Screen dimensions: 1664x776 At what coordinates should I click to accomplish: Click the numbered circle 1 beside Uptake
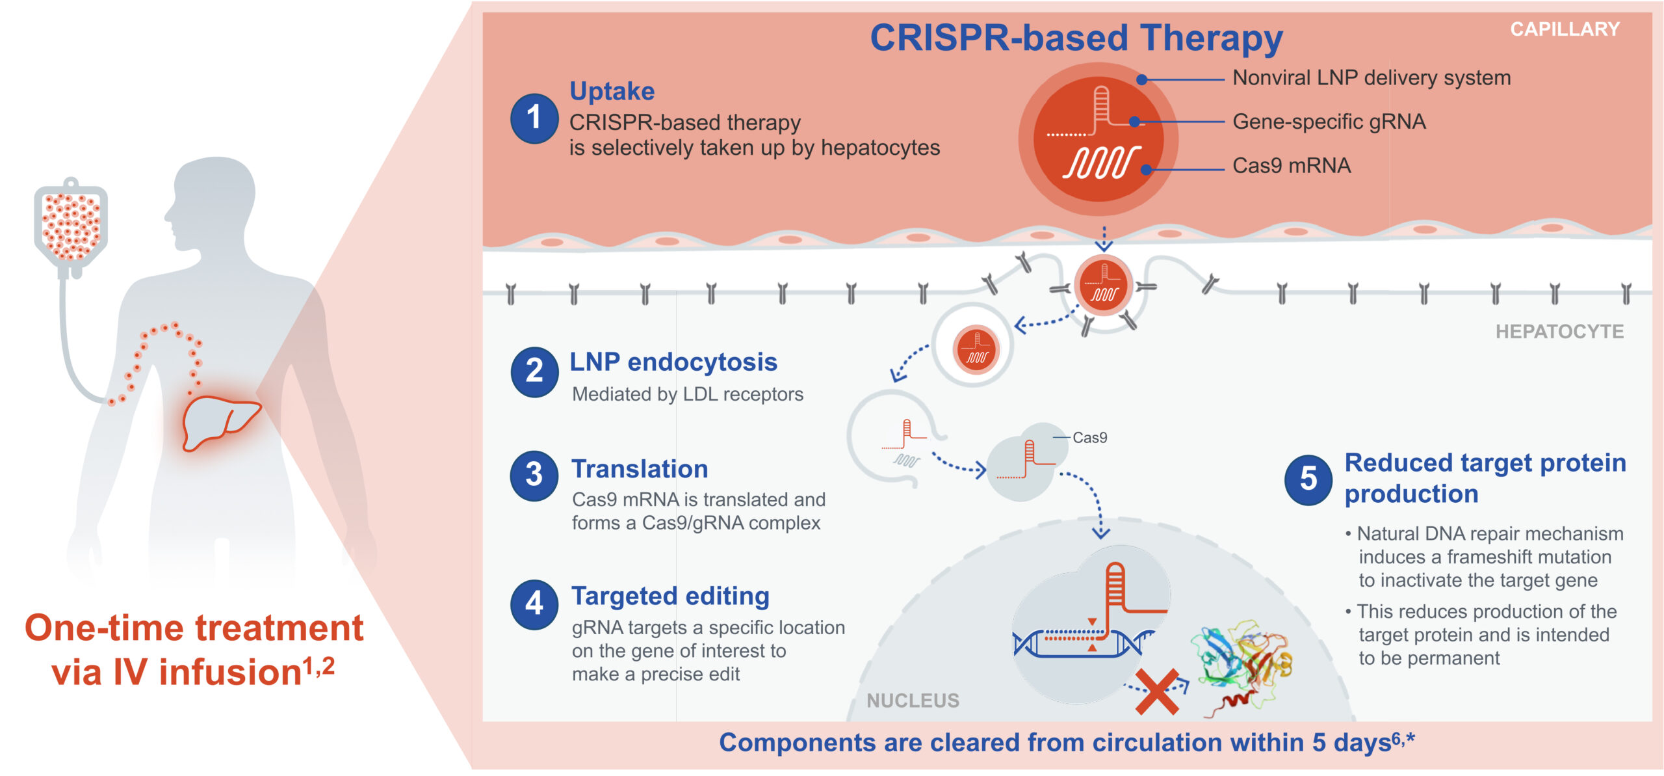pyautogui.click(x=534, y=118)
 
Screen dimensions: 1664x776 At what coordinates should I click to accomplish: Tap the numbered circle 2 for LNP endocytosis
pyautogui.click(x=534, y=371)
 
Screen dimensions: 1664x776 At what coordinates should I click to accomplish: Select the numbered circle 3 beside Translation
pyautogui.click(x=534, y=475)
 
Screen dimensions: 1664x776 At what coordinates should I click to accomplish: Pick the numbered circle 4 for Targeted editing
pyautogui.click(x=534, y=604)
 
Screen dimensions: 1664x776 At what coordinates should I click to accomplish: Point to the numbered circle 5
pyautogui.click(x=1308, y=480)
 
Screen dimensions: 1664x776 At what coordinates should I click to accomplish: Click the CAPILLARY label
pyautogui.click(x=1565, y=29)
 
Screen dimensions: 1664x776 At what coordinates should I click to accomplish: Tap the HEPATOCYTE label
pyautogui.click(x=1559, y=332)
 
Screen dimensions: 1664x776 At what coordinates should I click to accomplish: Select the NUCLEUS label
pyautogui.click(x=913, y=701)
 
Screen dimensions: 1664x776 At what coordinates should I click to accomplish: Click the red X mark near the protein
pyautogui.click(x=1157, y=692)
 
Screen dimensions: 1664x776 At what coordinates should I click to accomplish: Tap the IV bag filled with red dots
pyautogui.click(x=71, y=224)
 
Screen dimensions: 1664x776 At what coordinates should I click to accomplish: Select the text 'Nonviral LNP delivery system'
pyautogui.click(x=1371, y=78)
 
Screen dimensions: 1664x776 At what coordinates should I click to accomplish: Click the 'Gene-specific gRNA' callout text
pyautogui.click(x=1329, y=122)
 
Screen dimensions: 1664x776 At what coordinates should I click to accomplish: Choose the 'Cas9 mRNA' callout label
pyautogui.click(x=1292, y=166)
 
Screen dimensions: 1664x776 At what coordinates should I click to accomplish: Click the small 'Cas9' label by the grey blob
pyautogui.click(x=1089, y=438)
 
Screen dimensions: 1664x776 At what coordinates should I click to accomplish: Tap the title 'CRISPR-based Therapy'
pyautogui.click(x=1076, y=38)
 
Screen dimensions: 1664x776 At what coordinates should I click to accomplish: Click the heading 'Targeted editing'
pyautogui.click(x=670, y=596)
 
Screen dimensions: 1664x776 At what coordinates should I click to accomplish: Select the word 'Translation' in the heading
pyautogui.click(x=640, y=469)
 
